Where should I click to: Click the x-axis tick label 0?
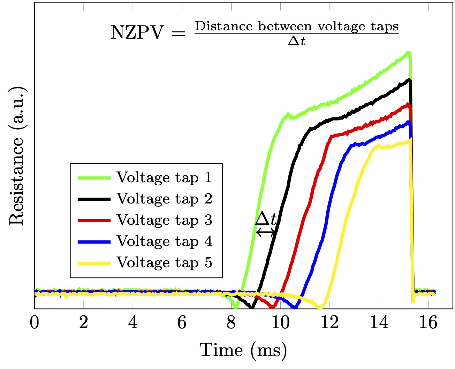tap(34, 323)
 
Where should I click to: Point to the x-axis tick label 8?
tap(231, 323)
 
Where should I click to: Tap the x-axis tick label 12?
tap(329, 323)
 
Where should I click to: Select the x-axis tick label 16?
tap(428, 323)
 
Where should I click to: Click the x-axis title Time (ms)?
tap(243, 350)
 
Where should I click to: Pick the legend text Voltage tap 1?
tap(164, 177)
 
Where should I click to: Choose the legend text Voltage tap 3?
tap(164, 220)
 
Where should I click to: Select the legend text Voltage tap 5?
tap(164, 262)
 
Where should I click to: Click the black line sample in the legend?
tap(94, 199)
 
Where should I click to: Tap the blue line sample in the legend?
tap(94, 241)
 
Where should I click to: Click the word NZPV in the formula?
tap(137, 32)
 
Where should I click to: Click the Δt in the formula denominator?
tap(297, 41)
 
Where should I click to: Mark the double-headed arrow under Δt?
tap(266, 232)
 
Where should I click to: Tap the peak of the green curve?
tap(408, 52)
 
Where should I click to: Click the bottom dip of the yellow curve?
tap(320, 307)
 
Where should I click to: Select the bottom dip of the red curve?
tap(272, 307)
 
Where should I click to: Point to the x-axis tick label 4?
tap(133, 323)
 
